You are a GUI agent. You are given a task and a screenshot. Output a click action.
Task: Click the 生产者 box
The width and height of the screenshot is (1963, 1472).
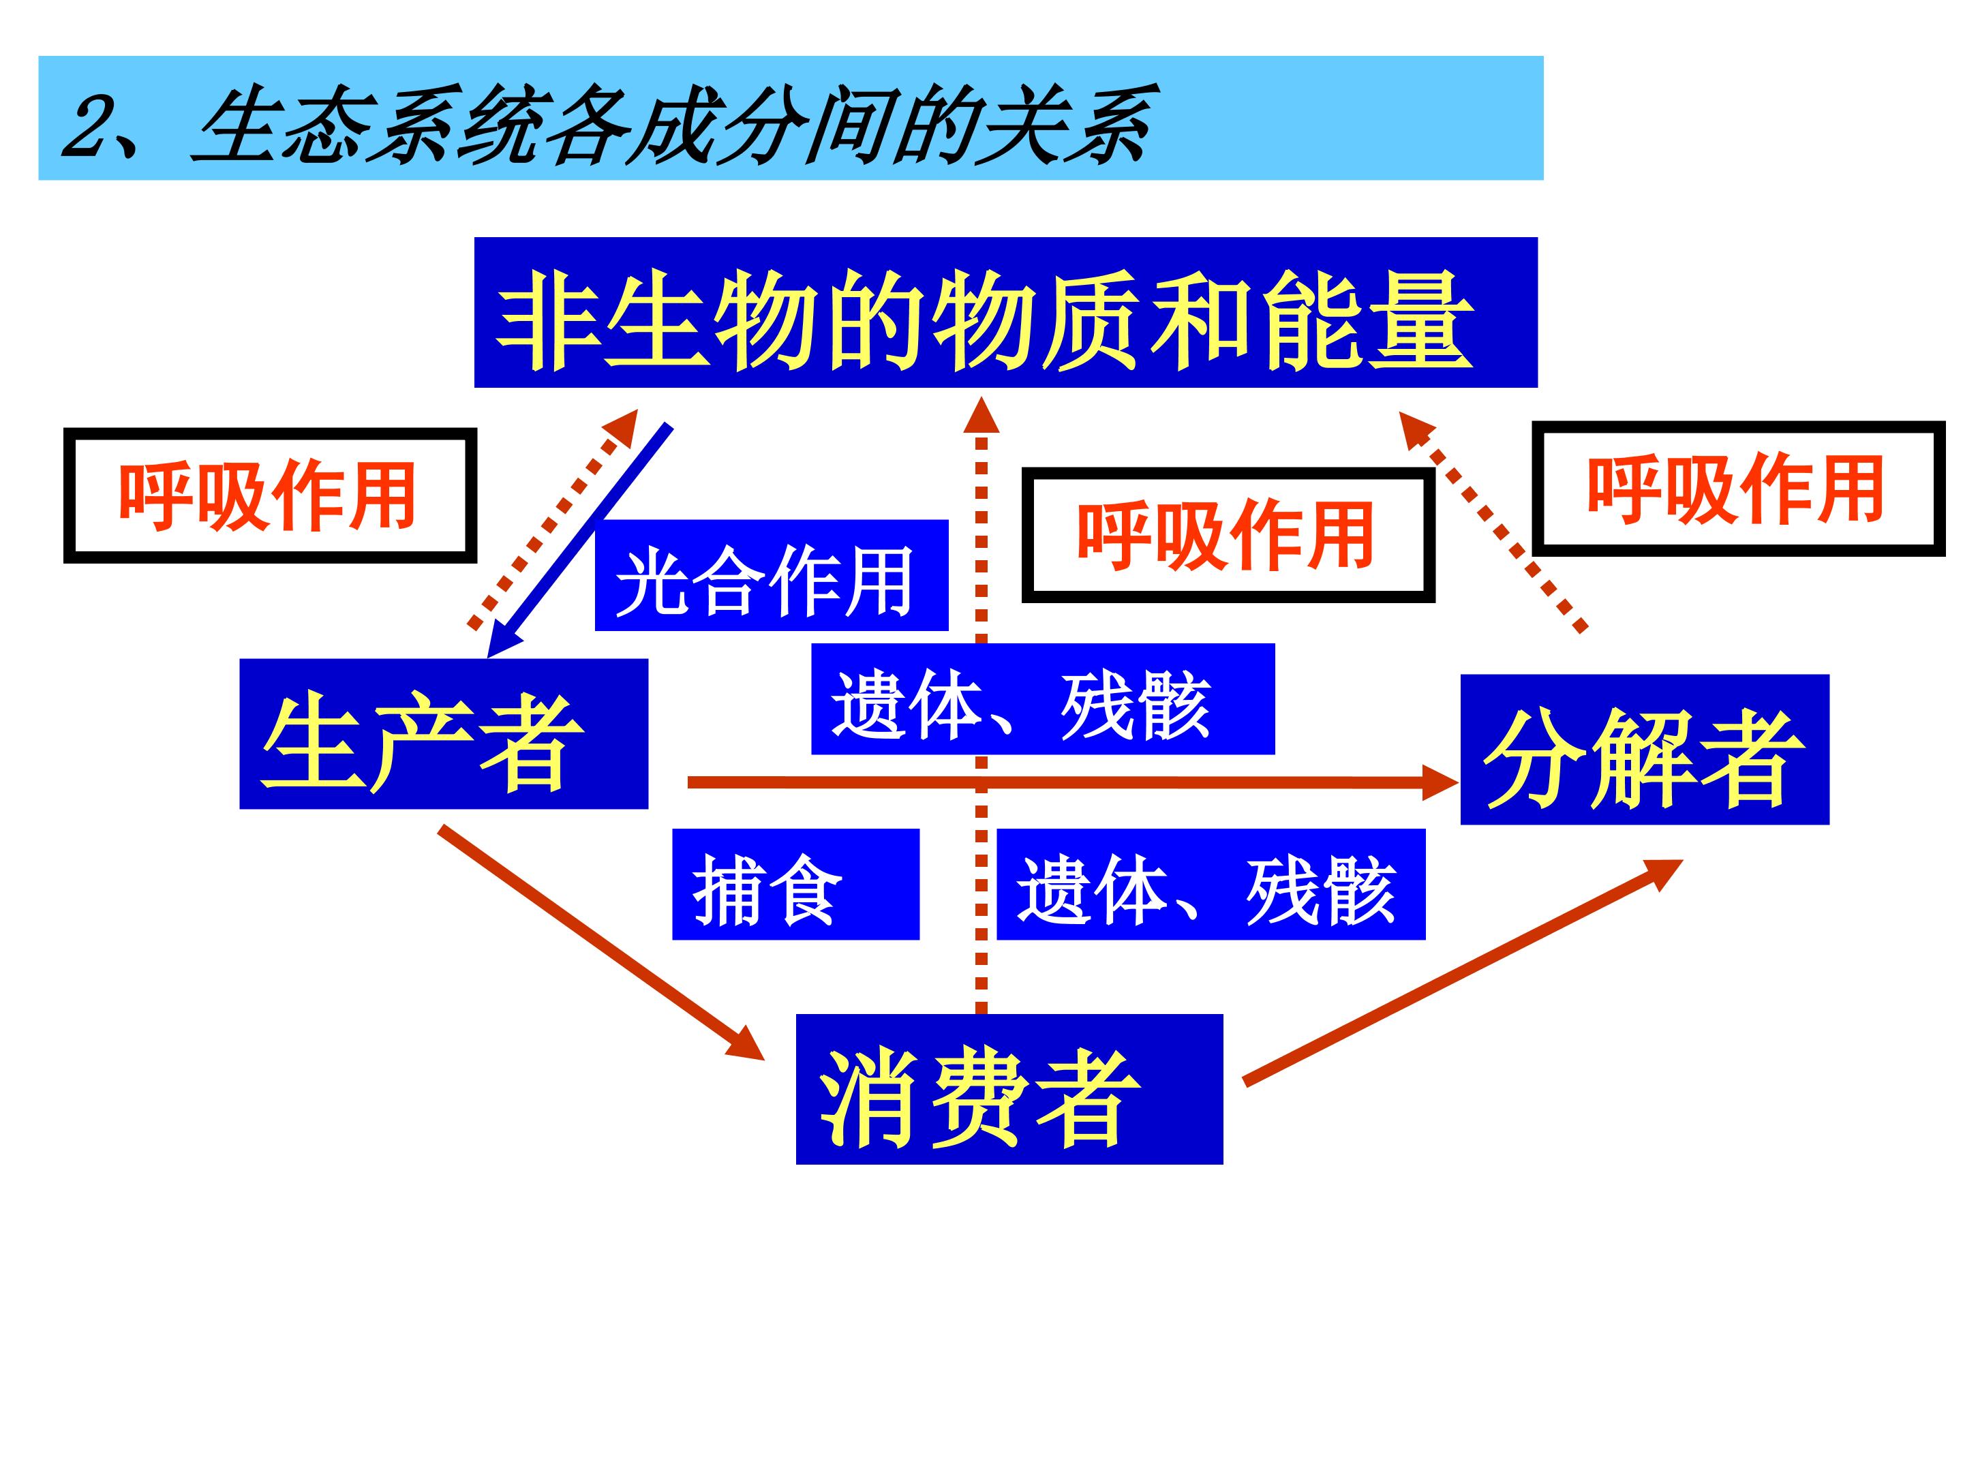point(444,734)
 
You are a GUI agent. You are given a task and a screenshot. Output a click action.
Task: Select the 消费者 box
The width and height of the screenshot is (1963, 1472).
point(1009,1089)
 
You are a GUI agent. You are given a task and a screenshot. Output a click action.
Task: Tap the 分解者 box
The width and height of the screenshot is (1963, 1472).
point(1645,750)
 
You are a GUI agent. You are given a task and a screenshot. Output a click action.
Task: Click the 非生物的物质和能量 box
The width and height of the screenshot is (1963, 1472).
point(1005,312)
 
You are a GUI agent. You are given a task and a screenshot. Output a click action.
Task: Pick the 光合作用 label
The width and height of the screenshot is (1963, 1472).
point(771,575)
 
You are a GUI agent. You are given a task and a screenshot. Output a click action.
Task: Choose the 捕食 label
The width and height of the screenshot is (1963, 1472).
point(795,884)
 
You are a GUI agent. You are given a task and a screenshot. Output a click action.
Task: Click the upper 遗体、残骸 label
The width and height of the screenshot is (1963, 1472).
point(1043,699)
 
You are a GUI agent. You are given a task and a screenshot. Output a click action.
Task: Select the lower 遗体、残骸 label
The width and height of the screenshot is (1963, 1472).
point(1211,884)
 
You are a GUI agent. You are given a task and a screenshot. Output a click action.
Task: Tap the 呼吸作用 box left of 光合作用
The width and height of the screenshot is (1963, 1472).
point(270,496)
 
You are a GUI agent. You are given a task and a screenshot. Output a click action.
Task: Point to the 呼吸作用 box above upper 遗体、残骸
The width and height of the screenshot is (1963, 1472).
point(1228,536)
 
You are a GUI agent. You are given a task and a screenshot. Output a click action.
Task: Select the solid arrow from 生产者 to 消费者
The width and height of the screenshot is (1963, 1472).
point(600,943)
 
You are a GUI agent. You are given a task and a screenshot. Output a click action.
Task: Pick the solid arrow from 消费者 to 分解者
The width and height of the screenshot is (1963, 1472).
point(1463,970)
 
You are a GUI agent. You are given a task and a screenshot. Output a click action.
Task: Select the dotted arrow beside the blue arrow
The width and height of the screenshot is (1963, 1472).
point(552,519)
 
